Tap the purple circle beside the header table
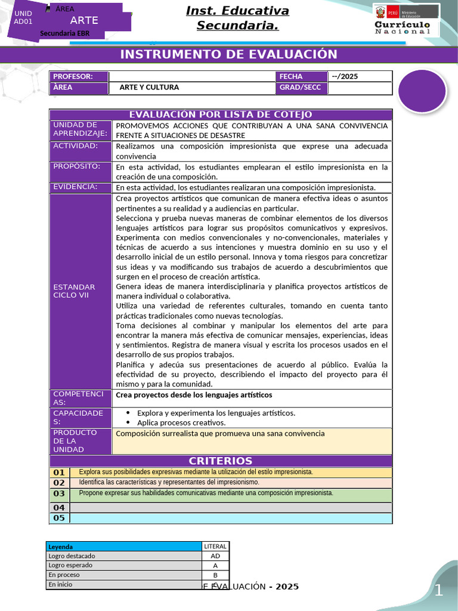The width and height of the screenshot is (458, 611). pyautogui.click(x=422, y=90)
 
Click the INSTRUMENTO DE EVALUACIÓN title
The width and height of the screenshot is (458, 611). pyautogui.click(x=228, y=55)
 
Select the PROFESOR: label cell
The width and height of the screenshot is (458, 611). pyautogui.click(x=79, y=76)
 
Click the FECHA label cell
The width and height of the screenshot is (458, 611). pyautogui.click(x=301, y=76)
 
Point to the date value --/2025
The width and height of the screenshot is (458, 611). pyautogui.click(x=345, y=76)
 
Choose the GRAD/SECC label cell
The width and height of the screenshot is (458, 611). pyautogui.click(x=301, y=88)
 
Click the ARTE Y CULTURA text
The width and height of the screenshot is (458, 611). pyautogui.click(x=149, y=88)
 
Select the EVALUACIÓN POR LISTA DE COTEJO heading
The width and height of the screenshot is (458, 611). pyautogui.click(x=221, y=115)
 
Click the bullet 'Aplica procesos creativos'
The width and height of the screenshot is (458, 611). pyautogui.click(x=177, y=422)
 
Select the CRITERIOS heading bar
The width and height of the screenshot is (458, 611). pyautogui.click(x=221, y=461)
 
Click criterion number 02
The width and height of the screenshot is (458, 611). pyautogui.click(x=59, y=482)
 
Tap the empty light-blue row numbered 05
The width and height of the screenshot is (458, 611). pyautogui.click(x=231, y=518)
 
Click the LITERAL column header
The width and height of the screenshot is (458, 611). pyautogui.click(x=215, y=546)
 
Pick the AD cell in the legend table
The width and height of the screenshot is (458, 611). pyautogui.click(x=215, y=556)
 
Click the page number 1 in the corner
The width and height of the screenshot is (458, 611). pyautogui.click(x=438, y=591)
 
